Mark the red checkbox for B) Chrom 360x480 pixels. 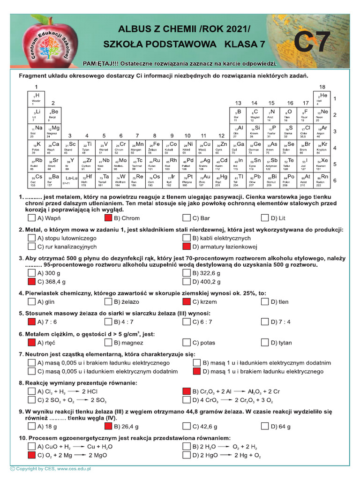tap(109, 218)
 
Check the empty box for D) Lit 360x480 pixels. tap(266, 218)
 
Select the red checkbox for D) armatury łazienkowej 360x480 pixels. tap(187, 247)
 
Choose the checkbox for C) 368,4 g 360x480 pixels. tap(32, 282)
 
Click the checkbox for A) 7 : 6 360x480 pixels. tap(32, 322)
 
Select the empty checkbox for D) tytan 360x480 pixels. tap(266, 343)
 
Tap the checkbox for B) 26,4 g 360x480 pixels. tap(109, 427)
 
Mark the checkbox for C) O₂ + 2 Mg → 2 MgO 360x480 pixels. tap(32, 455)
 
